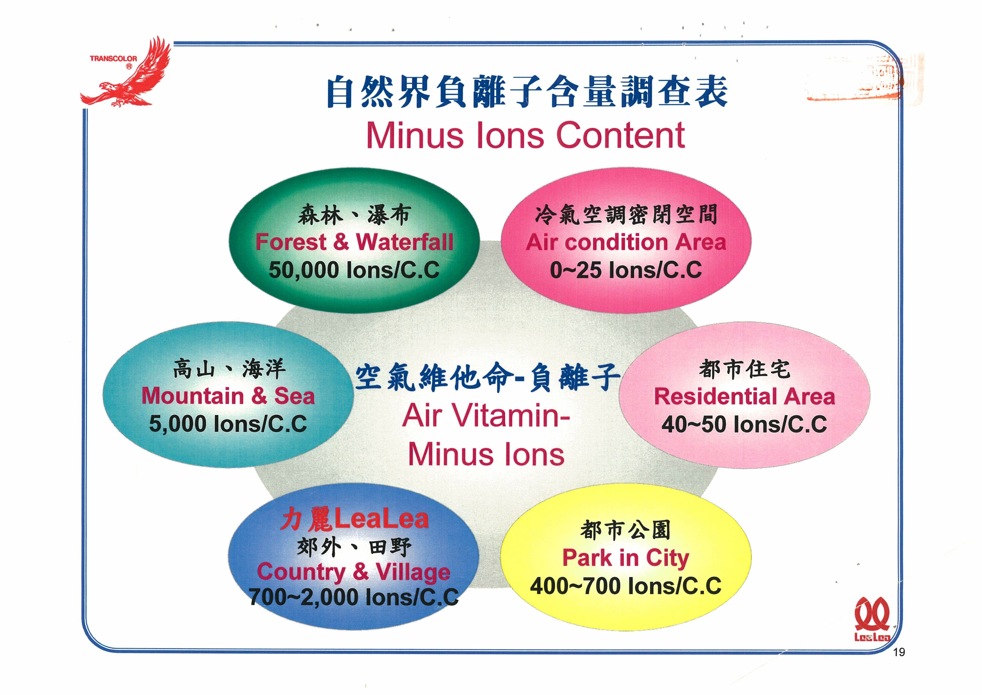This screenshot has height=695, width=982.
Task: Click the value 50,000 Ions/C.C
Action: pyautogui.click(x=354, y=270)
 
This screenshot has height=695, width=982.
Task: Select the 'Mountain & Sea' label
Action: pyautogui.click(x=228, y=396)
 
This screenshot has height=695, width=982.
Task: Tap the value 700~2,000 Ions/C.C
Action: pyautogui.click(x=354, y=597)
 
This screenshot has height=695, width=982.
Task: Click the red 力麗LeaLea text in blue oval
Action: pyautogui.click(x=355, y=519)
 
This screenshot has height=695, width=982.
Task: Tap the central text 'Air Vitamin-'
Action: pyautogui.click(x=486, y=416)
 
